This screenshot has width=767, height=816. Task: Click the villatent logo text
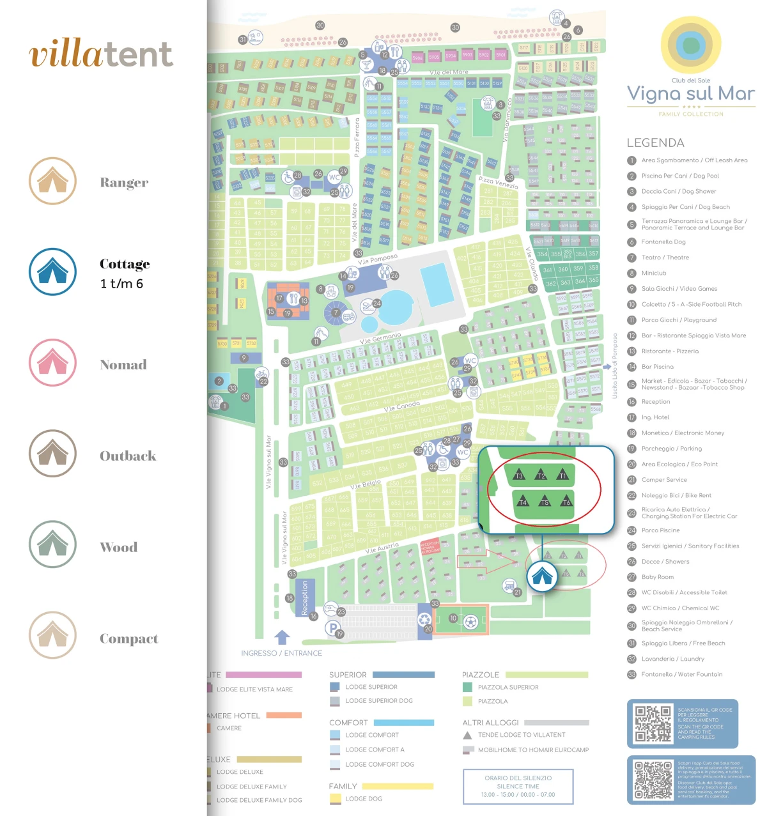(x=101, y=54)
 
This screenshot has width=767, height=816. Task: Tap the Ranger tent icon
(x=53, y=181)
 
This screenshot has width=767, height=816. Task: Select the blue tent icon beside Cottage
(x=53, y=272)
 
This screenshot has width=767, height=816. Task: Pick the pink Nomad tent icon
(x=53, y=363)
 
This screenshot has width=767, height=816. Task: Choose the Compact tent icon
(x=53, y=635)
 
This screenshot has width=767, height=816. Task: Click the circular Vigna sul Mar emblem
(x=690, y=45)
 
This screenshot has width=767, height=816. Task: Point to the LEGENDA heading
(x=655, y=143)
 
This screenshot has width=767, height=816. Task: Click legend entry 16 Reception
(x=655, y=402)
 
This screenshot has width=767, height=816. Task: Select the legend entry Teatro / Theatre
(x=665, y=258)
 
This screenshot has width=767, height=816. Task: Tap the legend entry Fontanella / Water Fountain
(x=681, y=675)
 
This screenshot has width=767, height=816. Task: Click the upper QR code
(x=653, y=724)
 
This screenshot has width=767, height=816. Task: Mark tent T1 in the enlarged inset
(x=562, y=475)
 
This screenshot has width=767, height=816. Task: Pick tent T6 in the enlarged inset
(x=566, y=502)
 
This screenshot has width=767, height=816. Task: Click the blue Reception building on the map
(x=305, y=597)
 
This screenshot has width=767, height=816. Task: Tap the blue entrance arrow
(x=283, y=637)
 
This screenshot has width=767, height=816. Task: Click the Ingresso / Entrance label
(x=281, y=653)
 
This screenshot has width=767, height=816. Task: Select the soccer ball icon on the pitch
(x=470, y=621)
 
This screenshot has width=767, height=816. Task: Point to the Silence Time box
(x=518, y=786)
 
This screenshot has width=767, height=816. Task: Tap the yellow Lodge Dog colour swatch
(x=335, y=799)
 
